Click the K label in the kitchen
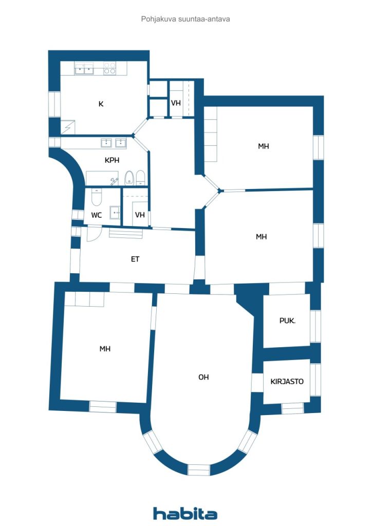[x=101, y=104]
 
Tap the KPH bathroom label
[x=112, y=160]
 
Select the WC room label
[x=96, y=215]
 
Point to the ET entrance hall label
[x=135, y=259]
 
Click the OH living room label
[x=203, y=377]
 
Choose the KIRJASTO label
[x=287, y=382]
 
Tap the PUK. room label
[x=287, y=321]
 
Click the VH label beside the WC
[x=140, y=214]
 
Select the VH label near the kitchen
[x=176, y=103]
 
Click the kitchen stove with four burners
[x=109, y=68]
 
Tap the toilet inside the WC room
[x=97, y=197]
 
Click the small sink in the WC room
[x=116, y=213]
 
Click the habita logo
[x=185, y=513]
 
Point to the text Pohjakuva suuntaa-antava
[x=185, y=19]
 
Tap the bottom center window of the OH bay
[x=198, y=469]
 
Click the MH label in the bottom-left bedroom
[x=105, y=349]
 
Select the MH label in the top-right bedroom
[x=264, y=146]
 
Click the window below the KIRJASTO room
[x=292, y=408]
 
